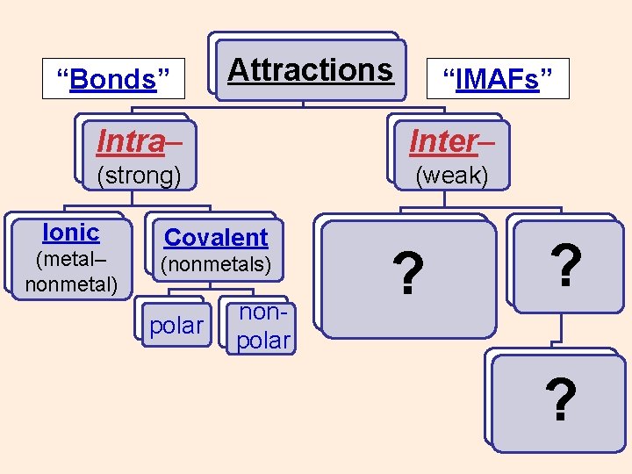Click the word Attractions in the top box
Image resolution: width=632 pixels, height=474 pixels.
(x=310, y=69)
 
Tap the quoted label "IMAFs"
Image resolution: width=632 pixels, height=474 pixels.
(x=497, y=79)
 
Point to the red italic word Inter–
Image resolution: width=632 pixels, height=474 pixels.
(x=451, y=140)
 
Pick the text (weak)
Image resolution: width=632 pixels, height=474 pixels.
(x=451, y=175)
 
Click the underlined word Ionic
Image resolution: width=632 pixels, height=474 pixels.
(x=70, y=233)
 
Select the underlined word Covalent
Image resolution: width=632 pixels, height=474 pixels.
(x=216, y=237)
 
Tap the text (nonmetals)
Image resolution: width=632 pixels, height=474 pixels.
(x=215, y=263)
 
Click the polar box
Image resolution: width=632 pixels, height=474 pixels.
(x=176, y=326)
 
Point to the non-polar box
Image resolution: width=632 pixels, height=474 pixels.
(x=262, y=327)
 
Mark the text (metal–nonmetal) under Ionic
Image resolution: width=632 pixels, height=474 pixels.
(x=70, y=272)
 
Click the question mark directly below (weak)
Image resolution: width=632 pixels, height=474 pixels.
(x=406, y=272)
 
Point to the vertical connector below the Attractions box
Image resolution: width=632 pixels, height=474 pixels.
(x=303, y=104)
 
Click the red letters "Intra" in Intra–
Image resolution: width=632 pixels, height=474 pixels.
(x=130, y=140)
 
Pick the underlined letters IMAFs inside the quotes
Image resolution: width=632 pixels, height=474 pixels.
(x=497, y=79)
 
